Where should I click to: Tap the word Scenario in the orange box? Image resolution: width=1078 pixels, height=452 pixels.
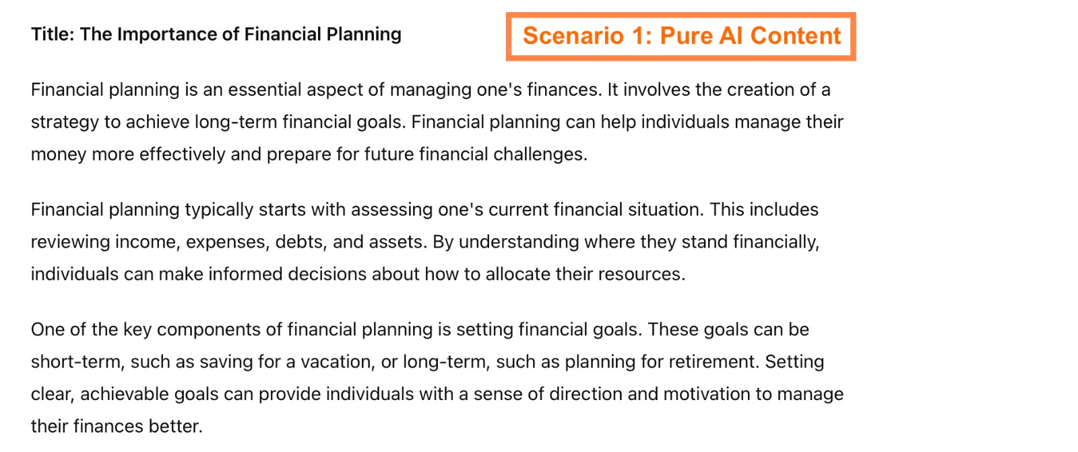click(x=573, y=36)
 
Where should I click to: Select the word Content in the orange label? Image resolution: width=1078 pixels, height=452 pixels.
click(x=795, y=36)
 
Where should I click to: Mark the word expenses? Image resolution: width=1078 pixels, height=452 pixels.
click(x=228, y=242)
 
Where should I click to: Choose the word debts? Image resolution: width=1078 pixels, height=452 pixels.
click(x=301, y=242)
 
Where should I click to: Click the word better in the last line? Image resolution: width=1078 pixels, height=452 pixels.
click(x=181, y=426)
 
